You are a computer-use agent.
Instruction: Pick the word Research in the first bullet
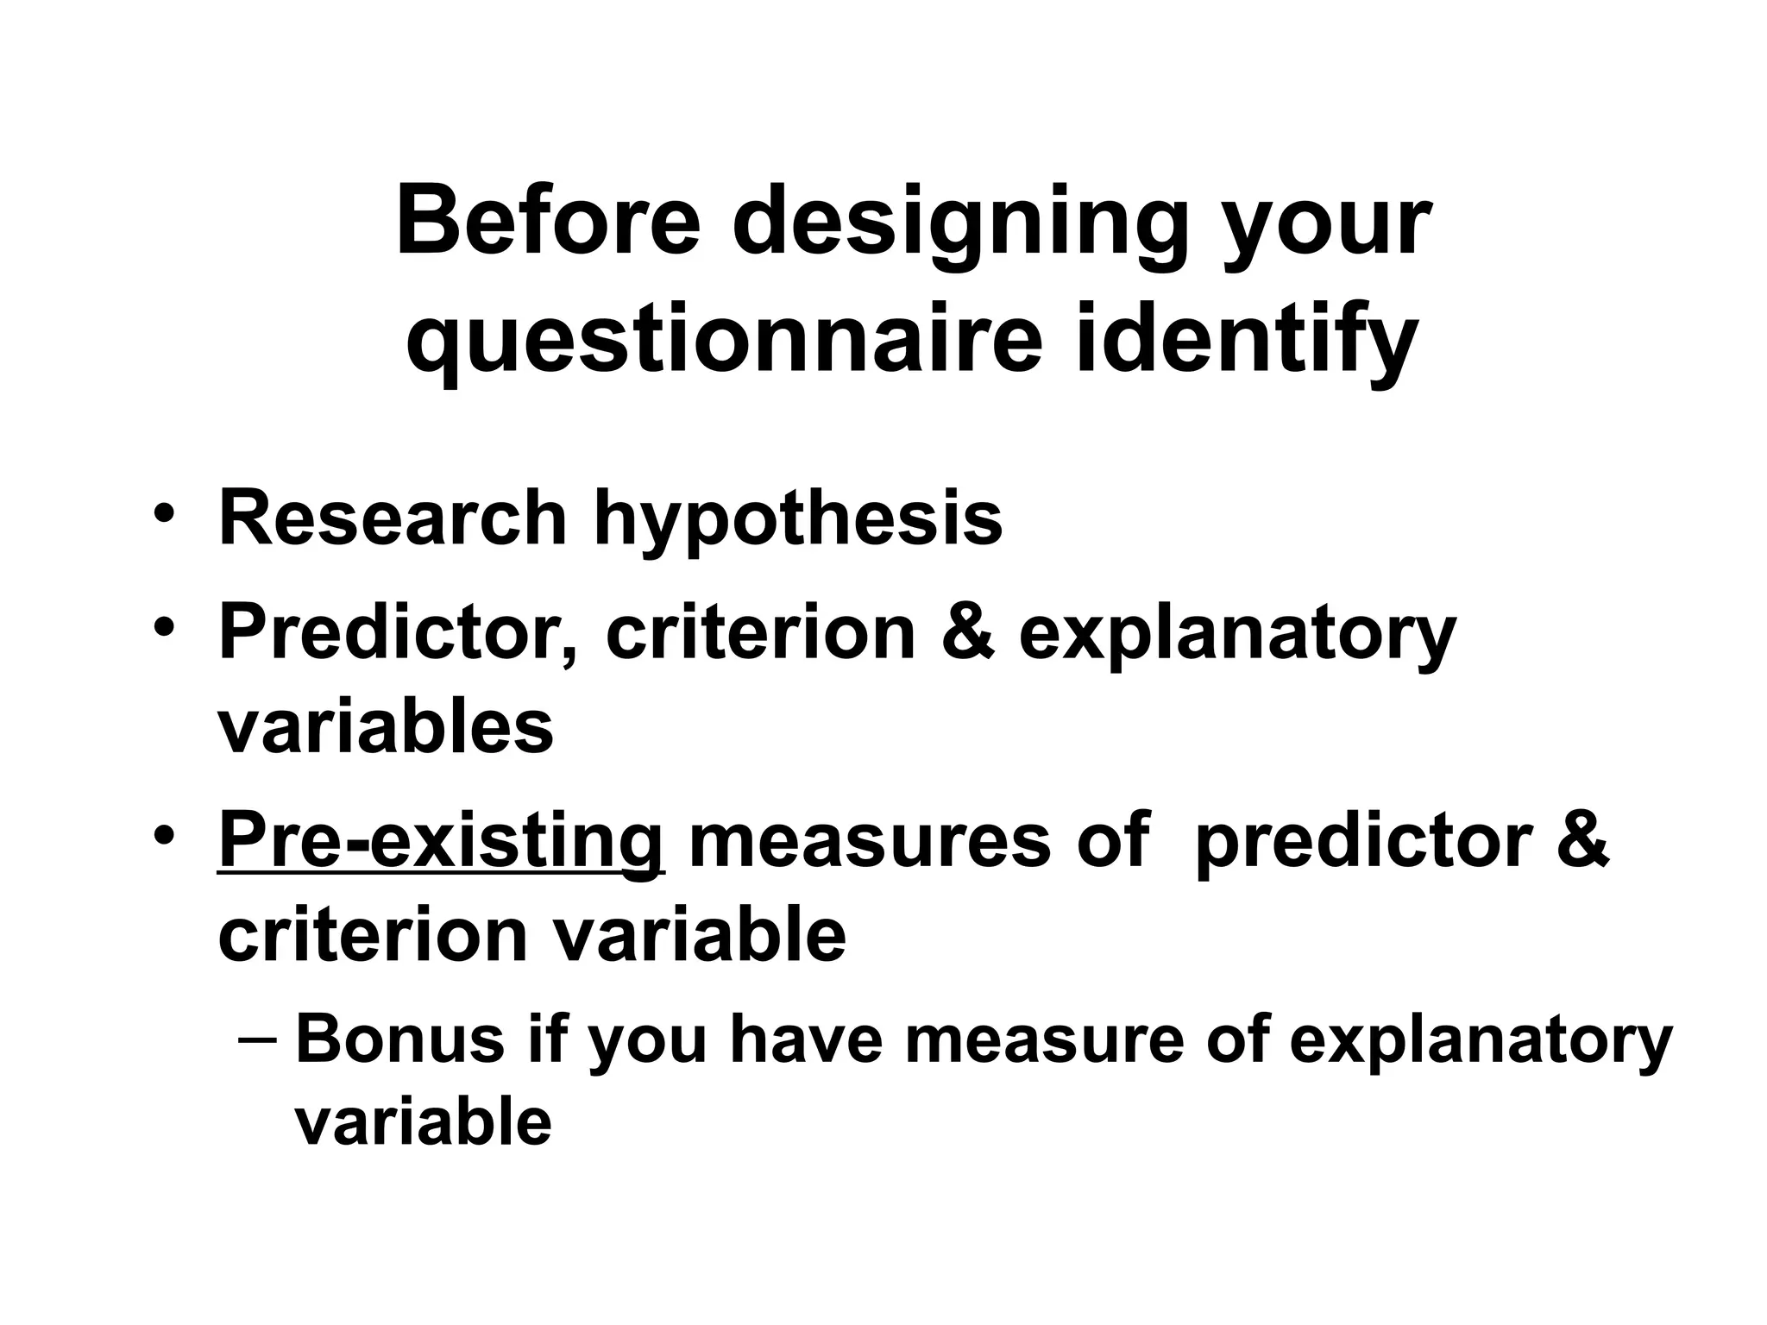(393, 518)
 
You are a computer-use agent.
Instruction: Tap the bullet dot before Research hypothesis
(164, 516)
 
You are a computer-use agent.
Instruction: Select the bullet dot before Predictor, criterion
(164, 630)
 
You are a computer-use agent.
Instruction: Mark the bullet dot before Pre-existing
(164, 838)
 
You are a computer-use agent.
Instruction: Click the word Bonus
(399, 1039)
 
